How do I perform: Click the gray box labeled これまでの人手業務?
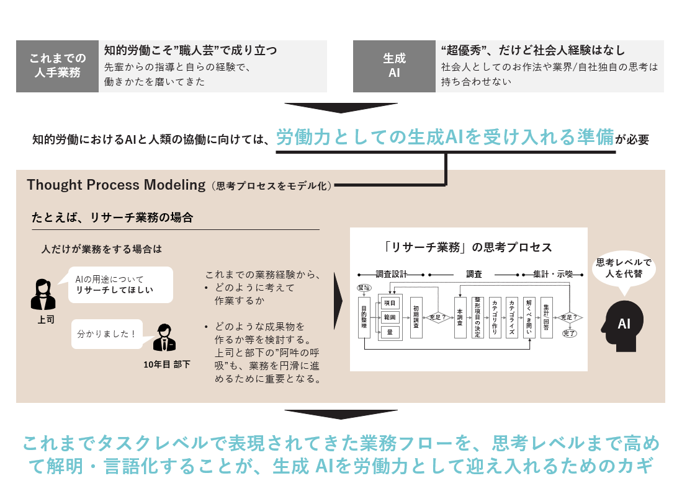click(x=57, y=66)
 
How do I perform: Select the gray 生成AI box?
click(x=393, y=66)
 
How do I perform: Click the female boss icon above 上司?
click(x=43, y=294)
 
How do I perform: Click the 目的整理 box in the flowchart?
click(x=364, y=317)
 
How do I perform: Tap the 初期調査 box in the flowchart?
click(x=416, y=317)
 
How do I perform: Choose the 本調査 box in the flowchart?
click(x=460, y=317)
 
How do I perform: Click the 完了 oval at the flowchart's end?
click(x=569, y=334)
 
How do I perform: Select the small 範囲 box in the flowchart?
click(x=390, y=317)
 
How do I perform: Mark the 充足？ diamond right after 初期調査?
click(x=437, y=317)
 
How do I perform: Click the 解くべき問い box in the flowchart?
click(x=529, y=317)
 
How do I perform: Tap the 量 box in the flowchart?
click(x=390, y=332)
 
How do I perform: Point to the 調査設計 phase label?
click(x=391, y=273)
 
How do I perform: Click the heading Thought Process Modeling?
click(x=116, y=185)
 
